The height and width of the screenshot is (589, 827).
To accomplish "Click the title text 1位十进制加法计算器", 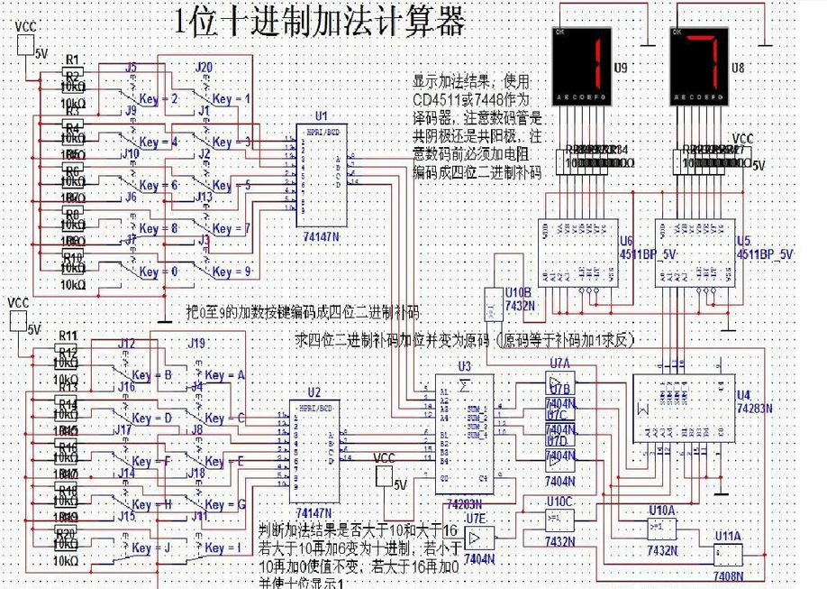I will tap(319, 22).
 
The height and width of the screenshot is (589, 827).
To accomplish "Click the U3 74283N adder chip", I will tap(463, 433).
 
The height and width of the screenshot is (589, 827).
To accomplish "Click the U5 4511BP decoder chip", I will tap(692, 253).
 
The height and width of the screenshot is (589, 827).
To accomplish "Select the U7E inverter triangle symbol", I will tap(481, 538).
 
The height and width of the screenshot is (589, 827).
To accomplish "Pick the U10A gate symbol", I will tap(661, 528).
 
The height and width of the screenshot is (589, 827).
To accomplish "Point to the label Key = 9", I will tap(232, 271).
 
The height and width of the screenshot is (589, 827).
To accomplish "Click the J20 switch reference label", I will tap(204, 68).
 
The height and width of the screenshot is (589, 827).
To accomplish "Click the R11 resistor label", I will tap(68, 336).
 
